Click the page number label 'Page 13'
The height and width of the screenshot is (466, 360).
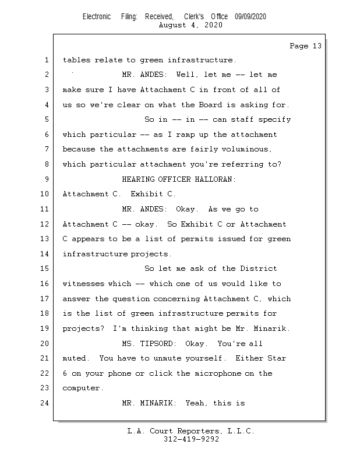305,46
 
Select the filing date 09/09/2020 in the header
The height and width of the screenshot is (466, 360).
250,17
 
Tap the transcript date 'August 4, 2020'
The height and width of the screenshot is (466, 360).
190,26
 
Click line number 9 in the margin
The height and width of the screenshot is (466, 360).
46,179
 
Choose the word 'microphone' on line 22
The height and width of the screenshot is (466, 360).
217,373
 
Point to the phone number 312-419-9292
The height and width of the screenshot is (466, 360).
191,440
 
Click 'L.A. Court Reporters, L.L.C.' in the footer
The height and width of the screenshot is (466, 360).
190,432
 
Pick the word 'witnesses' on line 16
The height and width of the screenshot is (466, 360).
84,284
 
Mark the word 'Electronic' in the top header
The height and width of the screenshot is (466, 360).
97,17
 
